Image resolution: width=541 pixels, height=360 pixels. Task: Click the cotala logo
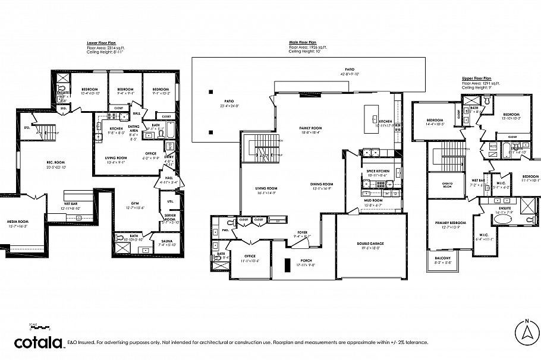pos(39,342)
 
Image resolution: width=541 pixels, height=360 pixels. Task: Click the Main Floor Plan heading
pos(303,43)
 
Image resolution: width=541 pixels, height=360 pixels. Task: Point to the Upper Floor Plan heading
pos(477,78)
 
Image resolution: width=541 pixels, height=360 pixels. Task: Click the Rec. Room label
pos(56,163)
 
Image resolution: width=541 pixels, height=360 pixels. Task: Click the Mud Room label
pos(373,200)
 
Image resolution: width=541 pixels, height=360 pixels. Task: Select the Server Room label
pos(171,218)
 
